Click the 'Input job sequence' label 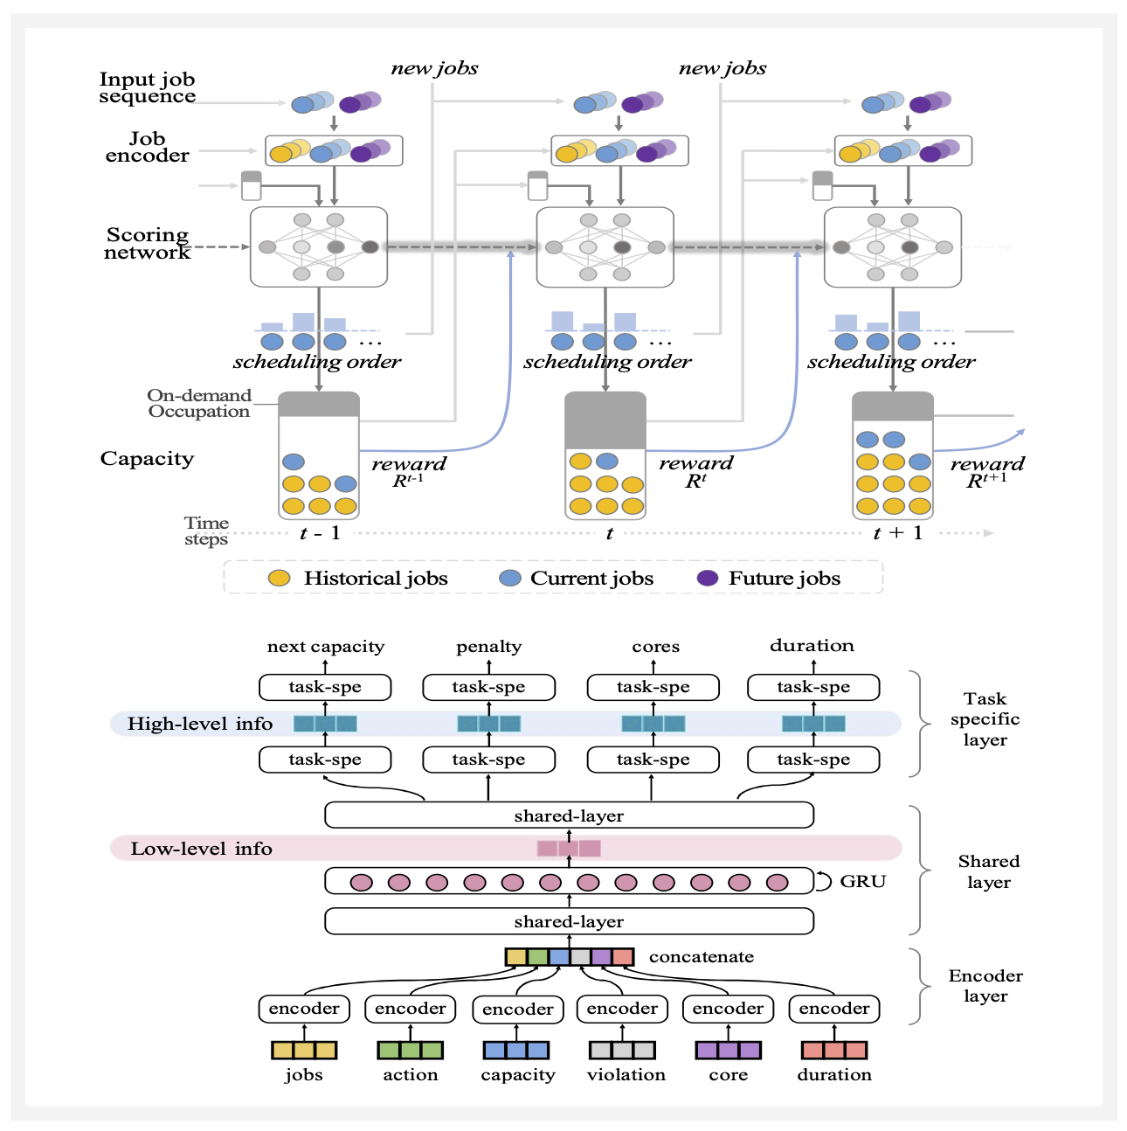(x=147, y=87)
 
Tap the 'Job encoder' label (x=147, y=147)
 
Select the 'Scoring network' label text (x=147, y=243)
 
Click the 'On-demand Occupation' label (x=199, y=403)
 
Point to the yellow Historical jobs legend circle (x=279, y=578)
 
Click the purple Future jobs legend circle (x=708, y=578)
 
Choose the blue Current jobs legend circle (x=509, y=578)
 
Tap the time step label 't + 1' (x=898, y=533)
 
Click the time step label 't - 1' (x=320, y=533)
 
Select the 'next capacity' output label (x=325, y=647)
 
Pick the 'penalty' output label (x=488, y=647)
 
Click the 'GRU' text (x=863, y=881)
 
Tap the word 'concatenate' (x=702, y=956)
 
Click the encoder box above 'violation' (x=622, y=1009)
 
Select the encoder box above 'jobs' (x=304, y=1009)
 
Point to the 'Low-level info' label (x=201, y=849)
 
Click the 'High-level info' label (x=200, y=724)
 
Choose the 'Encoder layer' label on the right (x=985, y=986)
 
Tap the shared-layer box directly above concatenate (x=569, y=921)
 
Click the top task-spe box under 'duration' (x=813, y=687)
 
